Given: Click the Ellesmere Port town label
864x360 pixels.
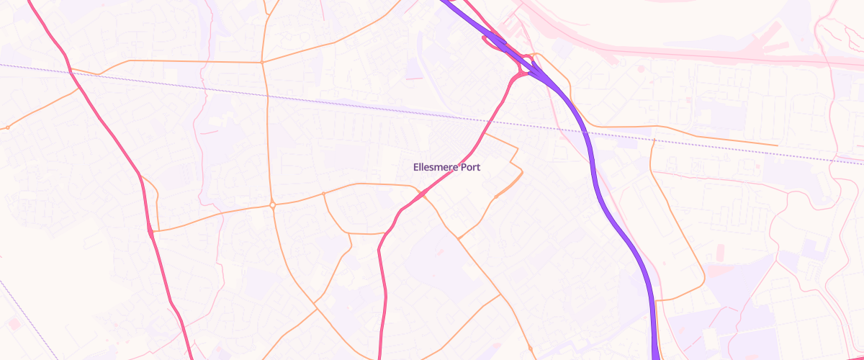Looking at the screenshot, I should (x=446, y=167).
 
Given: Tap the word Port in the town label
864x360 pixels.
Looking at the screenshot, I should (x=469, y=167).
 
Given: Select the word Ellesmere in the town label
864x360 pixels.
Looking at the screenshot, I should (x=435, y=167).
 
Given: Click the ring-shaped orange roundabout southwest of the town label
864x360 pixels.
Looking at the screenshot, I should (x=273, y=205).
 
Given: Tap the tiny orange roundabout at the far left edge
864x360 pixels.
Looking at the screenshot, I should (x=7, y=127).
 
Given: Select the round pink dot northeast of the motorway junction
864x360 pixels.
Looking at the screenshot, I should (x=641, y=69).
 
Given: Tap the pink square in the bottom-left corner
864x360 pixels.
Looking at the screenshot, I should (x=14, y=323).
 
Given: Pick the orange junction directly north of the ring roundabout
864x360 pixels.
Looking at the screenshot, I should (x=262, y=62).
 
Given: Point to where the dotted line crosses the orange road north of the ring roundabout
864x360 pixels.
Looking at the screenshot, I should (x=266, y=94).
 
